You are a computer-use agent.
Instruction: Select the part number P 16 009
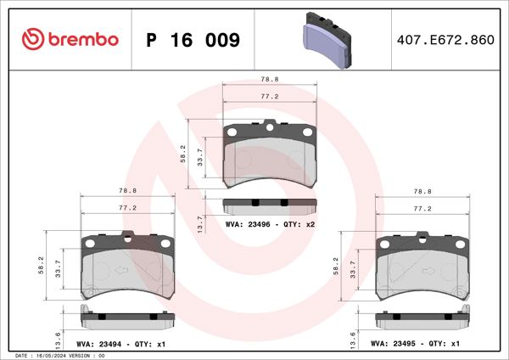[193, 41]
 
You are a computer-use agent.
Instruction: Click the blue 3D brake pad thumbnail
[329, 39]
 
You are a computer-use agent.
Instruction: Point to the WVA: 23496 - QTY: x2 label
[271, 224]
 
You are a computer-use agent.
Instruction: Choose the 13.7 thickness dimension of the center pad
[200, 223]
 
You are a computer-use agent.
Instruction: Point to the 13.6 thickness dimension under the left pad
[58, 339]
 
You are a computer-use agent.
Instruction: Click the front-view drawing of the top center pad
[269, 153]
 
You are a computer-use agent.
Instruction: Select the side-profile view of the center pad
[269, 205]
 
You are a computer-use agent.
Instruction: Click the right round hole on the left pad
[165, 244]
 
